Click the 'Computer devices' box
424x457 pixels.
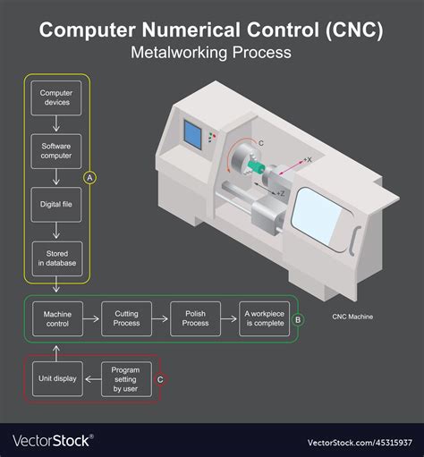[57, 97]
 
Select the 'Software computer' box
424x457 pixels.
[57, 148]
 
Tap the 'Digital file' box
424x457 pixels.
[57, 204]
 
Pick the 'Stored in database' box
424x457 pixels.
[57, 258]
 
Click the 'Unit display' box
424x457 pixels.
[57, 379]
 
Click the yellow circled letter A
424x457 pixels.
[89, 178]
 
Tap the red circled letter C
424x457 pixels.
[160, 379]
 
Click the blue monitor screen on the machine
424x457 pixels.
[192, 133]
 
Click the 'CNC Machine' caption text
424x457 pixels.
[352, 317]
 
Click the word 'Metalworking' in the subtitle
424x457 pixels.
[170, 52]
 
